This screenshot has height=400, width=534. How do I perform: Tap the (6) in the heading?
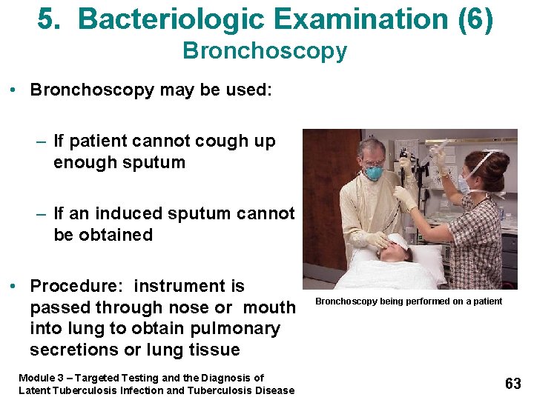[x=475, y=20]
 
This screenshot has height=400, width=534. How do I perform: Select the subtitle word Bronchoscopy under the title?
[x=265, y=51]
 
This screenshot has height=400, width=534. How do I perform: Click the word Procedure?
[x=76, y=286]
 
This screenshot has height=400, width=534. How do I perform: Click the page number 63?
[x=512, y=383]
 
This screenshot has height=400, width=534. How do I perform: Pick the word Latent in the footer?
[x=35, y=390]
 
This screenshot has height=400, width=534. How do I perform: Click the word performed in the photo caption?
[x=419, y=301]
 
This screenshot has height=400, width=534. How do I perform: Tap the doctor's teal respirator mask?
[x=375, y=173]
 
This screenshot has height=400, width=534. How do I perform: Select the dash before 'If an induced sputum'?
[x=44, y=214]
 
